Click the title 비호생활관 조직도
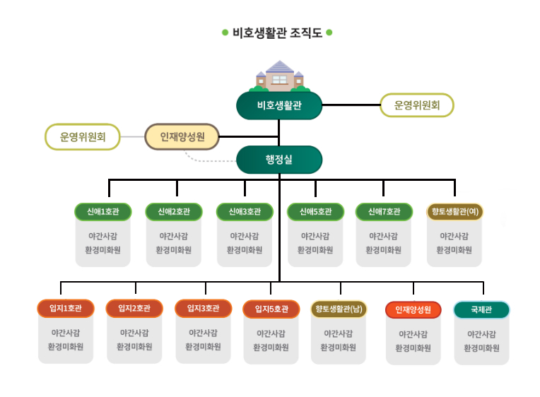tap(277, 32)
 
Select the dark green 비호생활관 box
tap(279, 106)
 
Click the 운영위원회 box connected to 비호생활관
tap(417, 105)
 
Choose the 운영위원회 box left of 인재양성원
tap(82, 136)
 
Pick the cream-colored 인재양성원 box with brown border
tap(182, 136)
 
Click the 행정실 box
tap(279, 160)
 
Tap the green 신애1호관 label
tap(103, 211)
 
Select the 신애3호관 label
tap(245, 211)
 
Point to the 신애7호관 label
tap(384, 211)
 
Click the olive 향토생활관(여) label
tap(454, 211)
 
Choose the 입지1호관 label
tap(66, 309)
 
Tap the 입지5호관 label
tap(271, 309)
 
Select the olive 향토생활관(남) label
tap(339, 309)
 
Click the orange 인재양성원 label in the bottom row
tap(413, 309)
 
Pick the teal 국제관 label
tap(481, 309)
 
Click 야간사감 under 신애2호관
tap(174, 236)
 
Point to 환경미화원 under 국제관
tap(481, 348)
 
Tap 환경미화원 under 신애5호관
tap(315, 250)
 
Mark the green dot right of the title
tap(329, 32)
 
